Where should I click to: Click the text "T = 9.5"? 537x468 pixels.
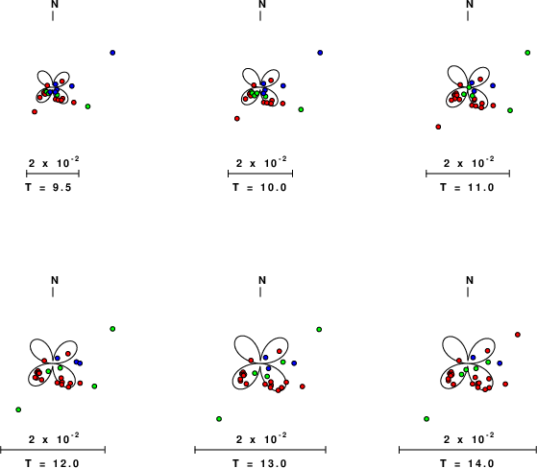pos(48,187)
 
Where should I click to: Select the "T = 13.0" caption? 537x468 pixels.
pos(259,463)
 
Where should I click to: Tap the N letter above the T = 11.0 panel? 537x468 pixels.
pos(470,4)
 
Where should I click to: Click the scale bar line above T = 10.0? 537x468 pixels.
pos(260,174)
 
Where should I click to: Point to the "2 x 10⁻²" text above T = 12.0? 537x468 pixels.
pos(54,438)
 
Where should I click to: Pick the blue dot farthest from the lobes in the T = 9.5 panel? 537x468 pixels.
pos(112,53)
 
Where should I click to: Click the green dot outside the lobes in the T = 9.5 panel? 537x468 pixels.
pos(87,106)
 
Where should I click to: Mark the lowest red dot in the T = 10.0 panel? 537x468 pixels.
pos(237,119)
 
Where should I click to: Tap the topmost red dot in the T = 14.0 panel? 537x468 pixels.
pos(518,335)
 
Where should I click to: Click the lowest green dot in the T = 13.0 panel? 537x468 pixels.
pos(219,419)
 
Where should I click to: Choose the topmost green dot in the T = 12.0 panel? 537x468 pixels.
pos(112,329)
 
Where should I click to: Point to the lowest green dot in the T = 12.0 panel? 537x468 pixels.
pos(18,409)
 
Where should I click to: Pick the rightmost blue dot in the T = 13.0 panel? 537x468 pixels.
pos(294,363)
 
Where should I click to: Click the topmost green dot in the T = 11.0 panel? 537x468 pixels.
pos(527,53)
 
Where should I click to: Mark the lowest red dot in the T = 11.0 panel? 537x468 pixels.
pos(438,127)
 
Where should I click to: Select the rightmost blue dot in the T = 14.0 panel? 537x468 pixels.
pos(500,363)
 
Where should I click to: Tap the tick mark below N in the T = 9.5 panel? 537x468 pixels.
pos(53,15)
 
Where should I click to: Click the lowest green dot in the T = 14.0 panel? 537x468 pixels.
pos(427,419)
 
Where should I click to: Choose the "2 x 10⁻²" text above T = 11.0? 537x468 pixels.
pos(469,162)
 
